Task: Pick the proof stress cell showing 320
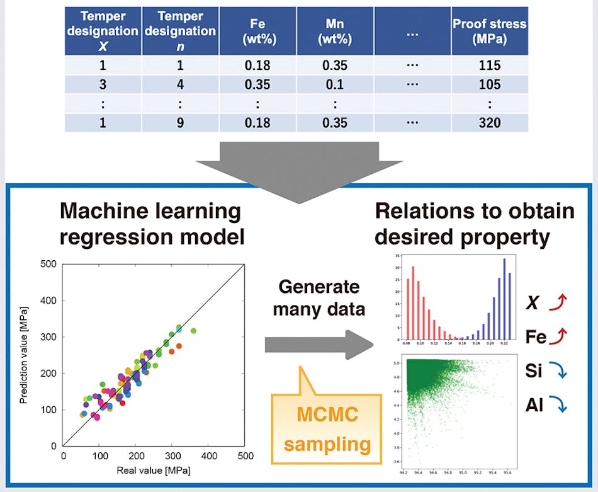(489, 122)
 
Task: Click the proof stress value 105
(489, 84)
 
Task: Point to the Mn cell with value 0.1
(335, 84)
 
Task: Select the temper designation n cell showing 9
(179, 122)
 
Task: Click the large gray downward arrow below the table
(299, 163)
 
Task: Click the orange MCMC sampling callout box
(327, 428)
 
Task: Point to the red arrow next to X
(557, 304)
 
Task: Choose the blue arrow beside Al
(557, 405)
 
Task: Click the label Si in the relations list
(533, 371)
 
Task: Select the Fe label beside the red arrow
(535, 337)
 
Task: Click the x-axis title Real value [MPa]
(154, 470)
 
